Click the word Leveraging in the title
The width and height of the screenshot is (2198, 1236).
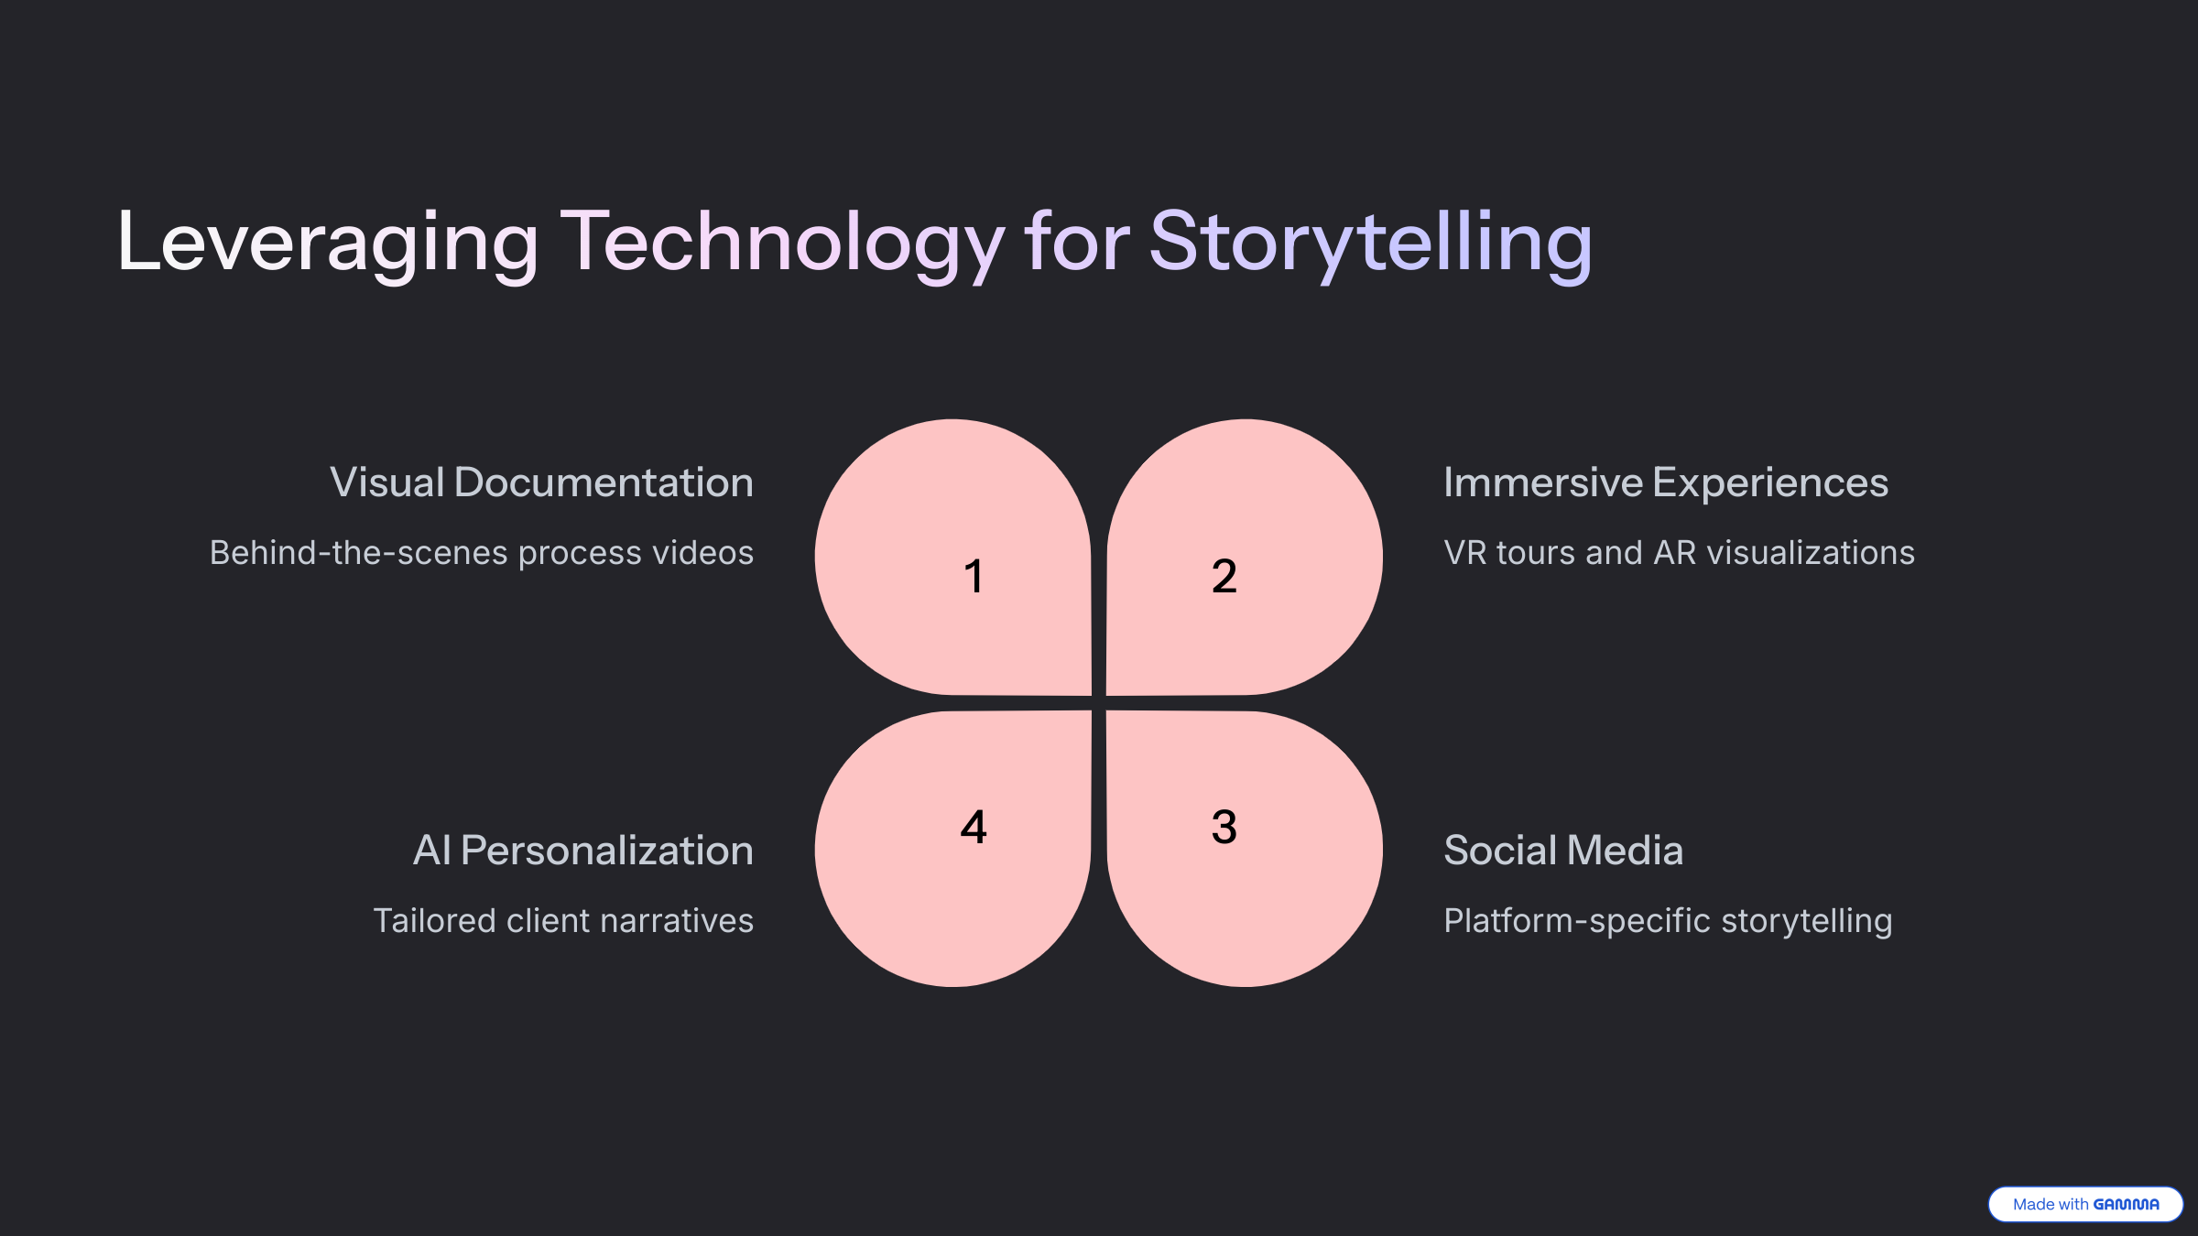point(328,243)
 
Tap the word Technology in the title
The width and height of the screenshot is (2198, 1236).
point(782,243)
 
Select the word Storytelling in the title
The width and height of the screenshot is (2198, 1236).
point(1370,243)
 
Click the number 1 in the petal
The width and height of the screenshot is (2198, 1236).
point(974,577)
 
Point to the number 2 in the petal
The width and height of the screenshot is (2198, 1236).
point(1224,577)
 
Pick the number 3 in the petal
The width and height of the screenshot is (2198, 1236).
point(1224,827)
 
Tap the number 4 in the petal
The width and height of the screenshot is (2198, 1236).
point(974,827)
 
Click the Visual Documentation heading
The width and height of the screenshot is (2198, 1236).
point(541,482)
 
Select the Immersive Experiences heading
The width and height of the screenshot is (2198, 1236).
point(1665,482)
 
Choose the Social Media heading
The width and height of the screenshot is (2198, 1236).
point(1562,851)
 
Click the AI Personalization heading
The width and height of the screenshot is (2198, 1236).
point(582,851)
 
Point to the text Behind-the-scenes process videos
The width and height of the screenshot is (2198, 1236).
point(482,553)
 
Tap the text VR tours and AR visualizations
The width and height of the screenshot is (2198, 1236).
point(1679,553)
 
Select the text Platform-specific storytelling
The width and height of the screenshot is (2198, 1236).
point(1667,921)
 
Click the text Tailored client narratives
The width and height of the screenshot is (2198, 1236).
point(563,921)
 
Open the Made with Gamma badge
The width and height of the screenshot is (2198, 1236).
point(2084,1204)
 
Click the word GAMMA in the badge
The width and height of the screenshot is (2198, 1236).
point(2126,1205)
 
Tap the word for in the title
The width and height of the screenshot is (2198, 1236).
point(1077,243)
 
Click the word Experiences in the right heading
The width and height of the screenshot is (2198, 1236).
point(1769,482)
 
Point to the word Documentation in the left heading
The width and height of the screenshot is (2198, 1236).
point(604,482)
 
